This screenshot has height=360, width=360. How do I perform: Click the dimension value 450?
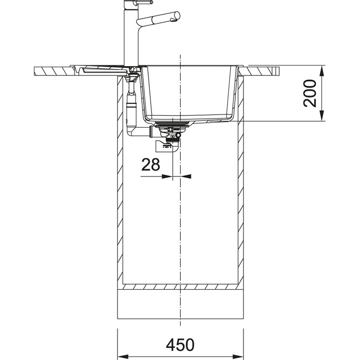point(180,345)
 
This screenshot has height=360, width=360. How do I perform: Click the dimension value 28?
point(150,165)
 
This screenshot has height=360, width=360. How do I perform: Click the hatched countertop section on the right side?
point(264,70)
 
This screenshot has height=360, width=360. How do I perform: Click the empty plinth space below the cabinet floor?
point(180,308)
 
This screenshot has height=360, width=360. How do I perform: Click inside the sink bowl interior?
point(188,92)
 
